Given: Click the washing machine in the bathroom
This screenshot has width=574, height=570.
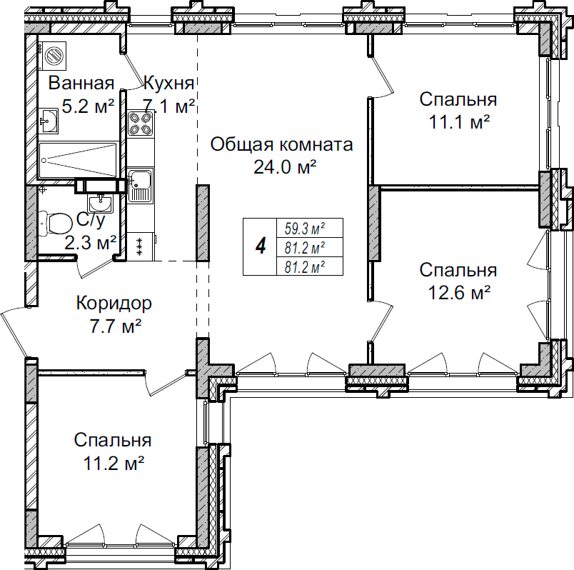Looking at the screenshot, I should point(53,54).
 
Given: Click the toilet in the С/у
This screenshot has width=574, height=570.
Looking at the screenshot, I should point(52,223).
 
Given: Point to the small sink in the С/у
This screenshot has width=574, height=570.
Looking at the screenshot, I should point(101,202).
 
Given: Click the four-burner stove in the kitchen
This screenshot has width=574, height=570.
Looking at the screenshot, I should point(140,124).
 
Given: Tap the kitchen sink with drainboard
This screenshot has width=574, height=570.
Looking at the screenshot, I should point(140,185).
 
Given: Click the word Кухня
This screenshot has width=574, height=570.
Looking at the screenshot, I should point(169,83).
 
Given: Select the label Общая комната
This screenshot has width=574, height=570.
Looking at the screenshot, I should point(281,146).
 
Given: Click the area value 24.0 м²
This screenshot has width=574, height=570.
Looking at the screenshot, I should point(285,166).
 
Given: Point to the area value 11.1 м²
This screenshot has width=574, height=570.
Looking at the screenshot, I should point(458,121).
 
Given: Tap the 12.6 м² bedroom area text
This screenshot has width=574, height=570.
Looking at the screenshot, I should point(458,291).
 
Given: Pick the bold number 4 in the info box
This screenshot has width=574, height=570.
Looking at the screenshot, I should point(261,247).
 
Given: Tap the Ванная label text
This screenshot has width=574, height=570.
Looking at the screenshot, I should point(81,84).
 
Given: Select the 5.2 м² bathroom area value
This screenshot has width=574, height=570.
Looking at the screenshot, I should point(88,107).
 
